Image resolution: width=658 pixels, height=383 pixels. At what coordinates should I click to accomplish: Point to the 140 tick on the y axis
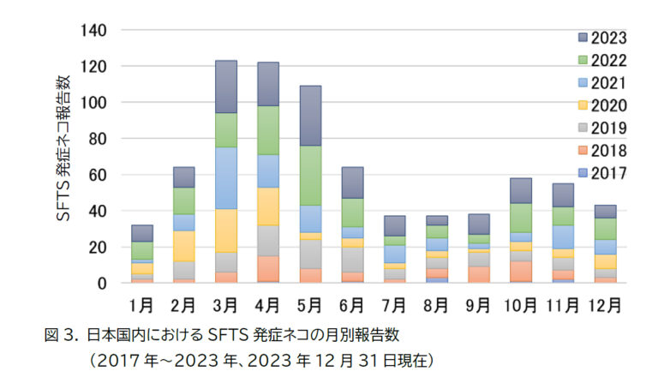coord(94,30)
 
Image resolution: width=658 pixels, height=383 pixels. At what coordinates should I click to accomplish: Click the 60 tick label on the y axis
coord(99,175)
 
